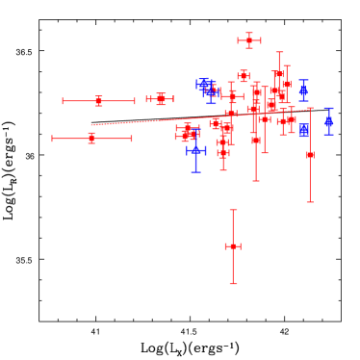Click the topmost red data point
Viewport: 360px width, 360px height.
(249, 40)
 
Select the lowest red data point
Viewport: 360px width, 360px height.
(233, 246)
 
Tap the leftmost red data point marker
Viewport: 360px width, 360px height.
(91, 139)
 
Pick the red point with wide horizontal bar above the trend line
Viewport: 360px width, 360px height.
(99, 101)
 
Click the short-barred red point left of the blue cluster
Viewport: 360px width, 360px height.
(161, 99)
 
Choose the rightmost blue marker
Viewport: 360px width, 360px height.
(328, 121)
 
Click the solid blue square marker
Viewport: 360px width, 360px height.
(304, 130)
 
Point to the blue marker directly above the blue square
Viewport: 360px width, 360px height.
(303, 90)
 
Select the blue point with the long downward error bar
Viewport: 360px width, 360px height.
(195, 150)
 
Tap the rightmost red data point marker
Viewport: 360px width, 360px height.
(310, 155)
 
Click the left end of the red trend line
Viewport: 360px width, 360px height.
(92, 125)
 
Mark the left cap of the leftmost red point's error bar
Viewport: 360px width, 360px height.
(53, 139)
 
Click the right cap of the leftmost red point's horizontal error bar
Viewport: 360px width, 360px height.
(131, 139)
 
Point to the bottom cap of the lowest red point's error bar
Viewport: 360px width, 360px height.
(233, 283)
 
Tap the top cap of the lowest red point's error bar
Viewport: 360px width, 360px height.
(233, 210)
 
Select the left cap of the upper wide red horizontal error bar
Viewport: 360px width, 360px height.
(64, 101)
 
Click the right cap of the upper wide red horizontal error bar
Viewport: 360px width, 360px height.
(135, 101)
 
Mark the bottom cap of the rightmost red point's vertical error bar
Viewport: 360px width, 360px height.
(310, 201)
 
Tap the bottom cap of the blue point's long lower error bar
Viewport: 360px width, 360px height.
(195, 171)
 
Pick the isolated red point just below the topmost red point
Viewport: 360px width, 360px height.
(244, 76)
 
